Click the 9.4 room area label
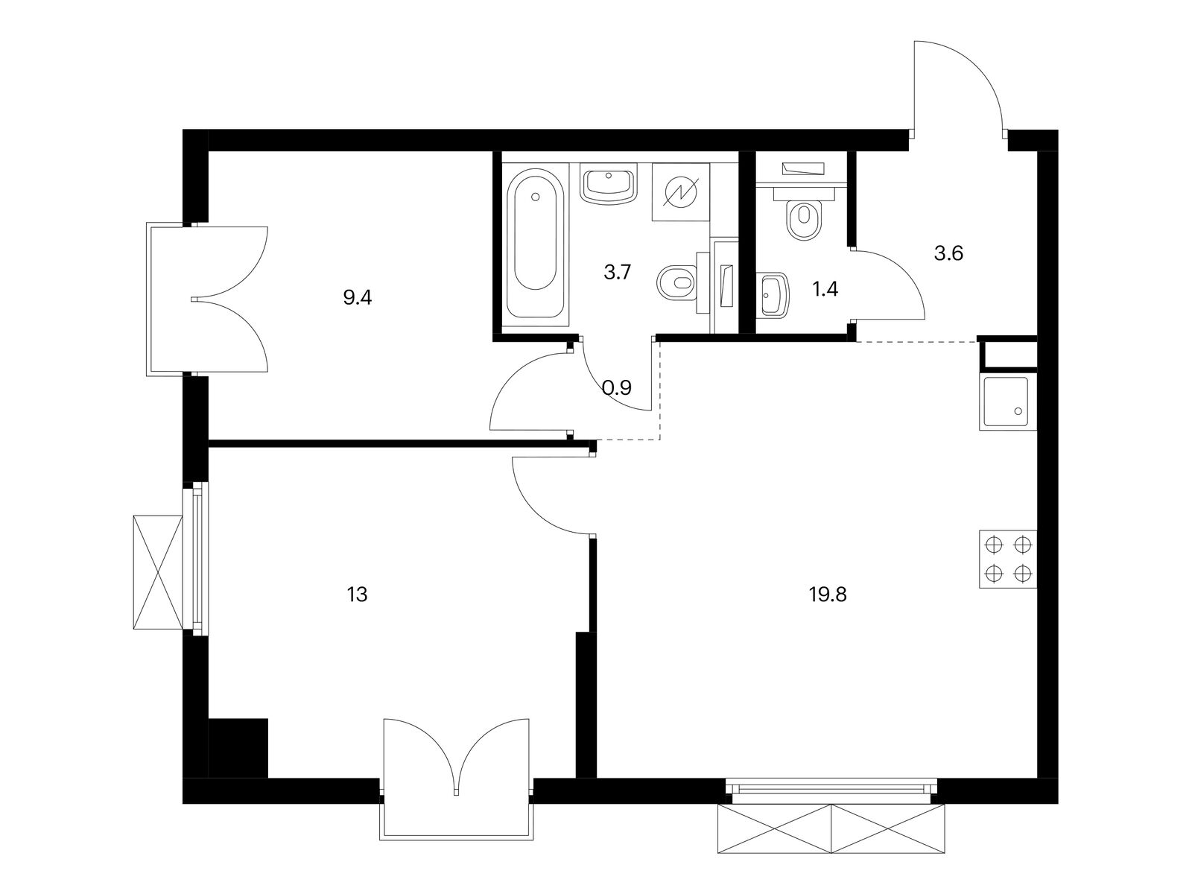click(x=358, y=298)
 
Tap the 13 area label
click(x=358, y=595)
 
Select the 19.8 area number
click(x=828, y=595)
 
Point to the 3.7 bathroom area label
click(x=618, y=272)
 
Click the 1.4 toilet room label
click(x=825, y=290)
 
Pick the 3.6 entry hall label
click(x=948, y=253)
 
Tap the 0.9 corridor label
click(x=618, y=387)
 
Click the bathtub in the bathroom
click(x=536, y=243)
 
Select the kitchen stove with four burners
click(x=1008, y=559)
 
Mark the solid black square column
click(x=238, y=749)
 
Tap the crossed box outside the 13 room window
click(x=158, y=572)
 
